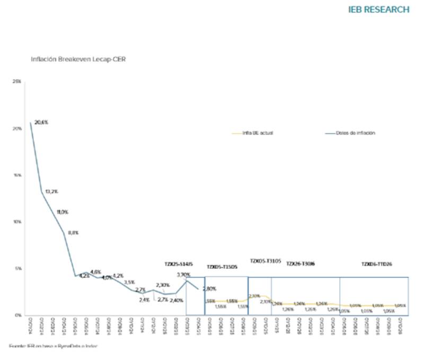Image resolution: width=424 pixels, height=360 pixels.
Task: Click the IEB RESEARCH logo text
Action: [378, 10]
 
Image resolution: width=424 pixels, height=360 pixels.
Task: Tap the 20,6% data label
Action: [41, 122]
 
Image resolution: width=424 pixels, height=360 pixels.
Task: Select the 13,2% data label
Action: [50, 191]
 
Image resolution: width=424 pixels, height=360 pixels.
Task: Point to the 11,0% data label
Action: [62, 212]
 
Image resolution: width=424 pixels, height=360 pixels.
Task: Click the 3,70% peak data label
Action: [183, 275]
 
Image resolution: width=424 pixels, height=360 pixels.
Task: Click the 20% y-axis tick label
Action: [17, 128]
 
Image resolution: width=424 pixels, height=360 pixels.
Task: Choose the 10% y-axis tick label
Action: [17, 222]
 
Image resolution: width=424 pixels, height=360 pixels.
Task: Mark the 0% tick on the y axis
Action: [19, 315]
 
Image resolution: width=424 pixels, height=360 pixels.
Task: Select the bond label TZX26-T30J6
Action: [301, 264]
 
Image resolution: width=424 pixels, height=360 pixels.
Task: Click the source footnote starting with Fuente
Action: [54, 346]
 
